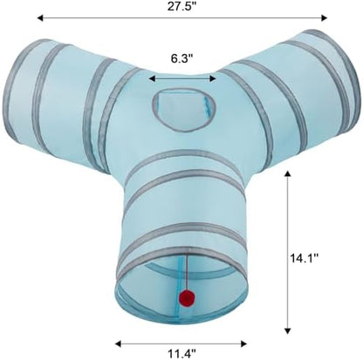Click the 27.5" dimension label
coord(182,6)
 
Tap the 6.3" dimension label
coord(182,58)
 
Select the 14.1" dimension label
coord(305,258)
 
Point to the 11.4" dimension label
coord(181,354)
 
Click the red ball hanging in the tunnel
coord(187,297)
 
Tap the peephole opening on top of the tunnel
coord(185,108)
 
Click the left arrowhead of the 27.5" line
coord(40,18)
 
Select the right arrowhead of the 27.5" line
coord(324,18)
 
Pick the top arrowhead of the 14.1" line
coord(287,174)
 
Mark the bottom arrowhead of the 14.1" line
coord(287,330)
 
